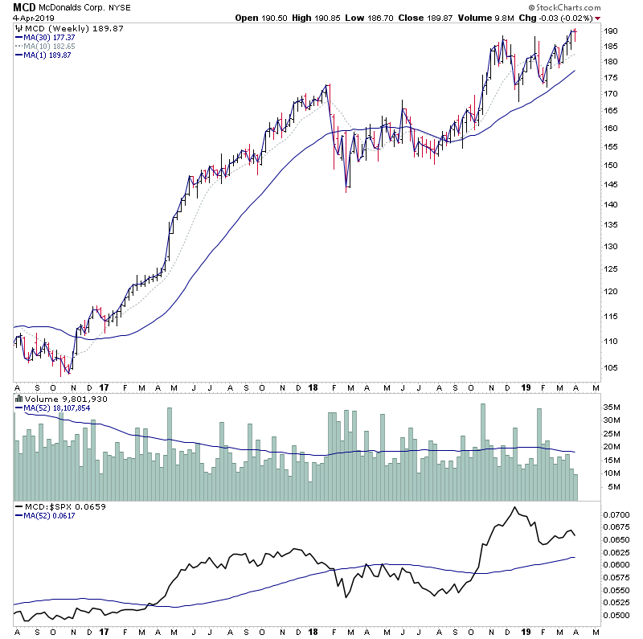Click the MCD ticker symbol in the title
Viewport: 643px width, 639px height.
point(23,6)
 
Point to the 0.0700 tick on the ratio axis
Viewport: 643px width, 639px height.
point(618,514)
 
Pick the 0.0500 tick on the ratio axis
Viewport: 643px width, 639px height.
point(618,616)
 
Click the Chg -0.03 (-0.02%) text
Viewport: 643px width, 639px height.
point(562,18)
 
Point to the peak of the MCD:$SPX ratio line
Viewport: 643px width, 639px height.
point(513,507)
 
